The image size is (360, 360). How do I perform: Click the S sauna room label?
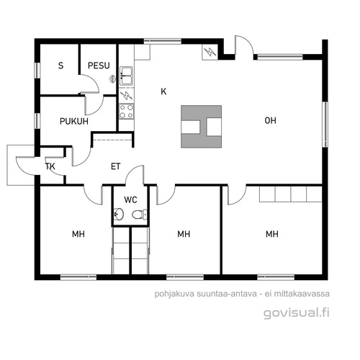(x=60, y=66)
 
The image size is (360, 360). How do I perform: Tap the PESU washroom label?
(x=99, y=66)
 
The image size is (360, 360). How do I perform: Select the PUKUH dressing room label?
(x=74, y=121)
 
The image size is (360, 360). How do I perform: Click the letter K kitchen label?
(x=163, y=91)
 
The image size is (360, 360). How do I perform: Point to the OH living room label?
(x=270, y=120)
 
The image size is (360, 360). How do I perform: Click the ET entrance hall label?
(x=115, y=166)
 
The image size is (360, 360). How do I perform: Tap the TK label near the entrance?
(x=50, y=166)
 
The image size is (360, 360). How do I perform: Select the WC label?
(x=130, y=199)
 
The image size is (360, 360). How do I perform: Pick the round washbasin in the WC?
(x=118, y=214)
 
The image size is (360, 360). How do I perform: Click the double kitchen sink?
(x=126, y=76)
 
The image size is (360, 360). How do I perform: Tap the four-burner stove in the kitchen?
(x=127, y=111)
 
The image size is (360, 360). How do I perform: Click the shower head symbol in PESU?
(x=112, y=79)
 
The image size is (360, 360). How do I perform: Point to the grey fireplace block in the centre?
(x=201, y=126)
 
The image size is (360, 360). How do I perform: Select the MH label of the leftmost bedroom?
(x=78, y=234)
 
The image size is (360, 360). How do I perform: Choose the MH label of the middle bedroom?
(x=184, y=234)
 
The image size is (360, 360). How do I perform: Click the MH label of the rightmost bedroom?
(x=272, y=234)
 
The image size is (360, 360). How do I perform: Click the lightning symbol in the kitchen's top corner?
(x=210, y=52)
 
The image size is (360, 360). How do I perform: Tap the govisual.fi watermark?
(x=297, y=313)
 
